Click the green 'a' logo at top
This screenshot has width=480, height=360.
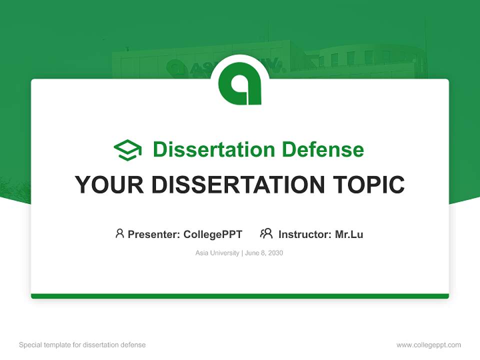[x=240, y=83]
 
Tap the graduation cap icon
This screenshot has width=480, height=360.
[x=127, y=150]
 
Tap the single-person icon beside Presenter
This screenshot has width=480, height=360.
[x=119, y=233]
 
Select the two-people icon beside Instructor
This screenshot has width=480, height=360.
[x=266, y=233]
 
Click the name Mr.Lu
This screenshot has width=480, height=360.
[x=349, y=234]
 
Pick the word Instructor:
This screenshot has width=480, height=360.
[x=305, y=234]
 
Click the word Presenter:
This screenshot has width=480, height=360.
[x=154, y=234]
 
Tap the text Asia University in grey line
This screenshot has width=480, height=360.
[x=217, y=253]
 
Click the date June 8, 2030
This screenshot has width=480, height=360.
[x=264, y=253]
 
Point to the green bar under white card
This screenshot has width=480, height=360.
[x=240, y=296]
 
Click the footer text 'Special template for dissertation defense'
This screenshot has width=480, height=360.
[x=82, y=345]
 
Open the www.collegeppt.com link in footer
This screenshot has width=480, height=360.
[x=428, y=345]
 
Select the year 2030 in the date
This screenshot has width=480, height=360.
[x=275, y=253]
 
